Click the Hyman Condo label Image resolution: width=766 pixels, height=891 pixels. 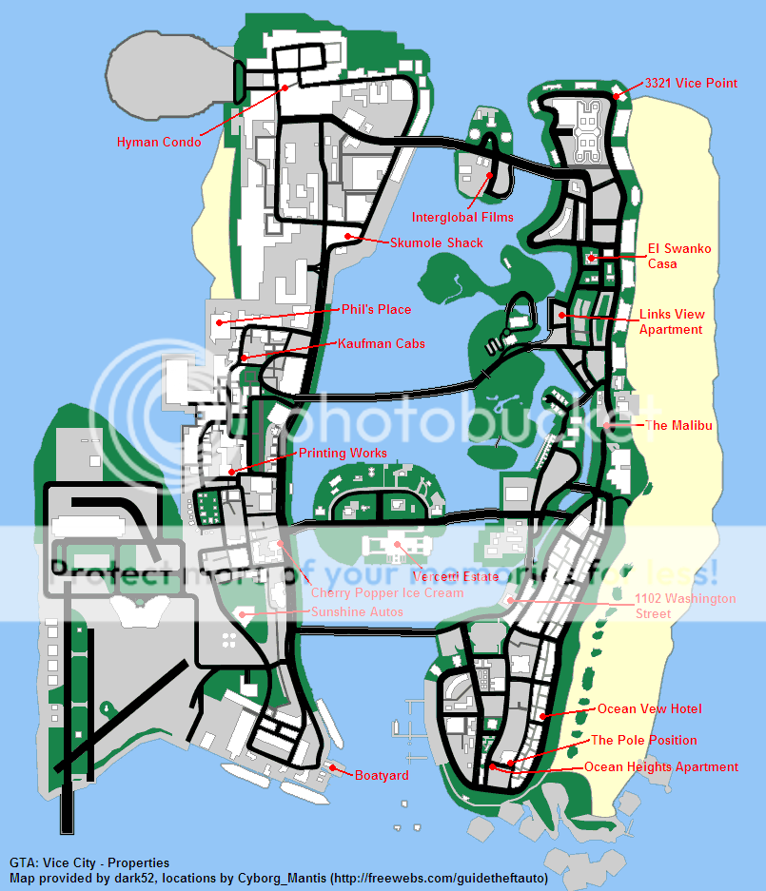[x=159, y=143]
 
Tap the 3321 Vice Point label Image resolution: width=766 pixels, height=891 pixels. [x=691, y=83]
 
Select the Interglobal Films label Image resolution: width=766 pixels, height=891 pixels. [x=462, y=218]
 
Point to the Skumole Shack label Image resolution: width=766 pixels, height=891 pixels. [x=437, y=242]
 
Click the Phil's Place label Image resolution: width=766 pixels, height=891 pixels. [x=377, y=309]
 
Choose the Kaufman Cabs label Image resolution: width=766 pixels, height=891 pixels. [x=381, y=342]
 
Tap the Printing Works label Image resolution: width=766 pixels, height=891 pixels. [x=344, y=453]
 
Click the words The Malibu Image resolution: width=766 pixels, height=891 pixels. [x=678, y=425]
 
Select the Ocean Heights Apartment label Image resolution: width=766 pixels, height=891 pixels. [x=661, y=766]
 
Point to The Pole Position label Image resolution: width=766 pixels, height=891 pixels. [x=644, y=740]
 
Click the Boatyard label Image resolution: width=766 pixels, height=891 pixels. [x=382, y=775]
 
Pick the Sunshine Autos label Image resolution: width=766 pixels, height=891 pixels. [x=357, y=611]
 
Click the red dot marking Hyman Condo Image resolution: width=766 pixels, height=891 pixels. [x=284, y=87]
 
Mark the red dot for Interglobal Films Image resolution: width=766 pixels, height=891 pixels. [x=489, y=175]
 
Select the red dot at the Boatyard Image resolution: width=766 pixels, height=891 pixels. [x=333, y=766]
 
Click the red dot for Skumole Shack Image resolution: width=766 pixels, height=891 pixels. [x=348, y=235]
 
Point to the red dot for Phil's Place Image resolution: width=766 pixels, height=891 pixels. [x=219, y=322]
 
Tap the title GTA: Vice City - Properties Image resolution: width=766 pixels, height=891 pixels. [x=89, y=862]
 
